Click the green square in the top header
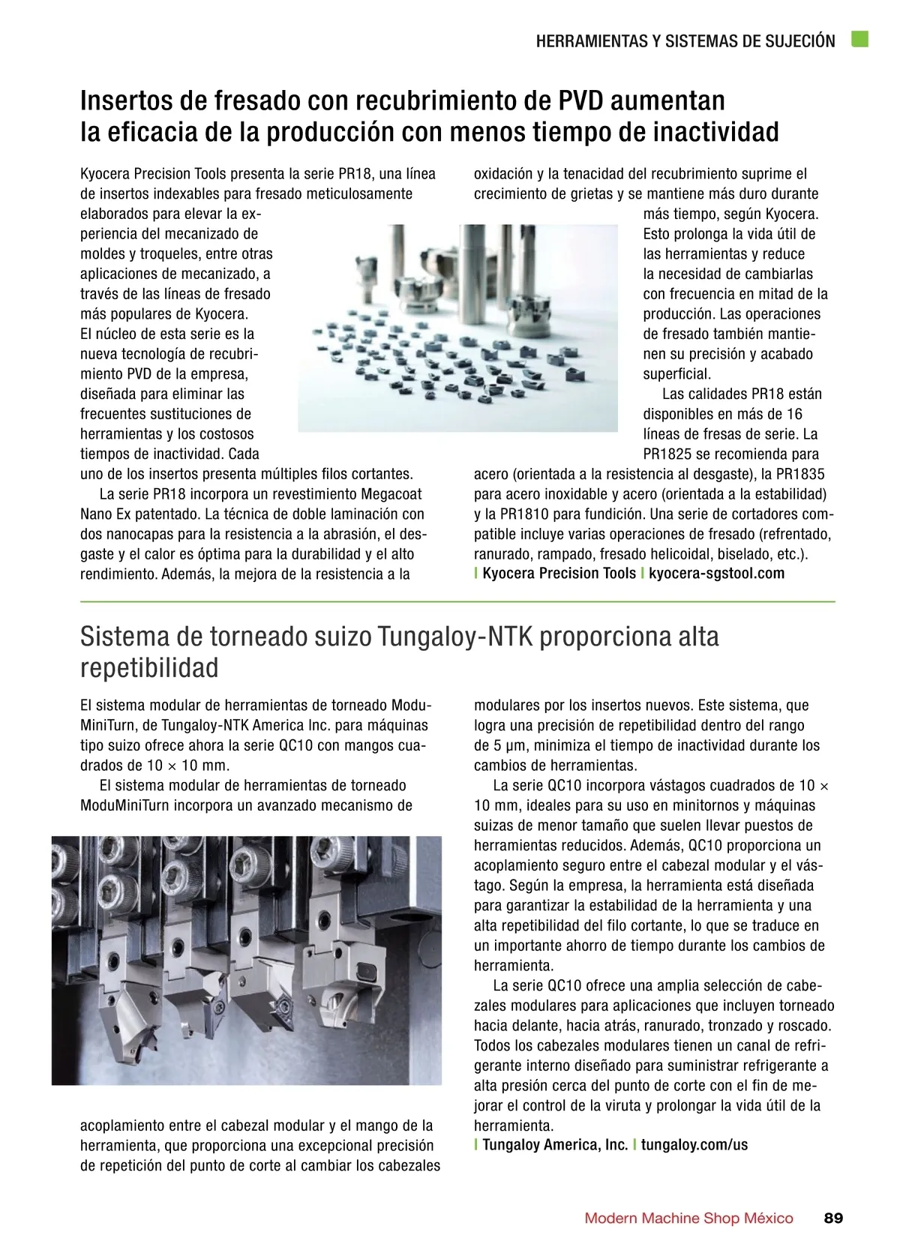pyautogui.click(x=859, y=40)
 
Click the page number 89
pyautogui.click(x=833, y=1218)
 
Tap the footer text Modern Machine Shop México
pyautogui.click(x=688, y=1218)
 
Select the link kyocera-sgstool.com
pyautogui.click(x=716, y=574)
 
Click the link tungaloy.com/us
pyautogui.click(x=694, y=1145)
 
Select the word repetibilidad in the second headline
pyautogui.click(x=149, y=667)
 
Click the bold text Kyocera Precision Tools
pyautogui.click(x=559, y=574)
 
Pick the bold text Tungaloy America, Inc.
pyautogui.click(x=555, y=1145)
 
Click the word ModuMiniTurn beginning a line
pyautogui.click(x=125, y=806)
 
